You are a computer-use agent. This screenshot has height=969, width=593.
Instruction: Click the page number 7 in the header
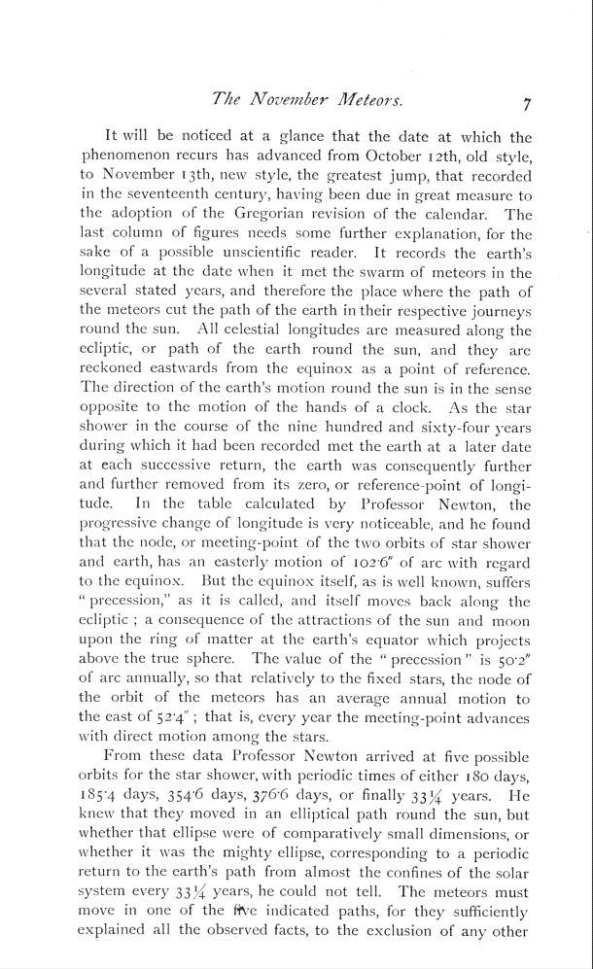(524, 102)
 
